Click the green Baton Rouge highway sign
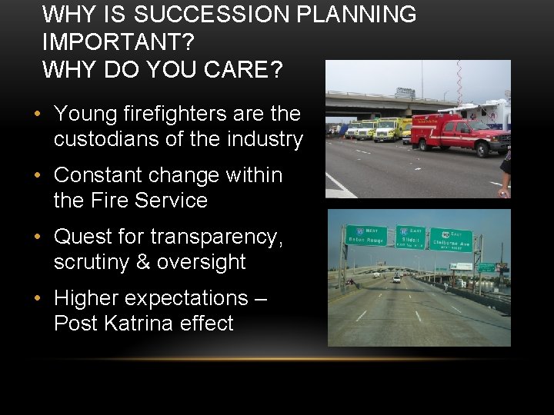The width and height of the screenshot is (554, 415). pyautogui.click(x=365, y=236)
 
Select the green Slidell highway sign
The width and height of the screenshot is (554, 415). pyautogui.click(x=410, y=237)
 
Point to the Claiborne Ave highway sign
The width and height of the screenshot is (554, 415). pyautogui.click(x=451, y=240)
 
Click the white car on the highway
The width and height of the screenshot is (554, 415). pyautogui.click(x=396, y=279)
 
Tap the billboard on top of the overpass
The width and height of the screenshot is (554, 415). pyautogui.click(x=405, y=92)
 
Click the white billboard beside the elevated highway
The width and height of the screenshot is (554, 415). pyautogui.click(x=461, y=266)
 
